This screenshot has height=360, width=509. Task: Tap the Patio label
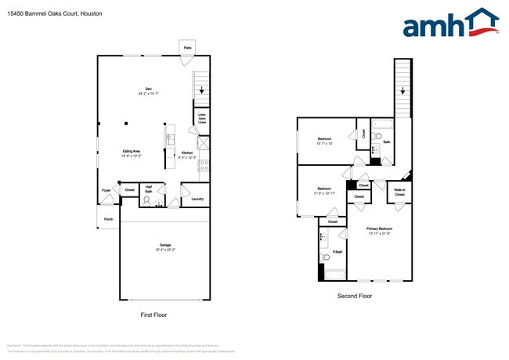point(188,48)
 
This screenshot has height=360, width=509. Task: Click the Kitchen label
point(187,153)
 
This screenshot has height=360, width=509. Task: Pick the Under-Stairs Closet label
point(201,119)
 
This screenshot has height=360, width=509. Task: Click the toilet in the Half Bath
point(146,200)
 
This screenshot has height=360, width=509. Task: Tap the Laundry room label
point(197,199)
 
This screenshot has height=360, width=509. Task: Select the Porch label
point(108,219)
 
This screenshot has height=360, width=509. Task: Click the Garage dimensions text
point(164,250)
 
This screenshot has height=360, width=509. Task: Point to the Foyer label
point(106,190)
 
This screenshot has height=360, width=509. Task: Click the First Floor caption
point(153,315)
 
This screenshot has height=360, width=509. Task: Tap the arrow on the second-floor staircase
point(403,91)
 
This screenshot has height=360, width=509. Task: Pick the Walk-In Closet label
point(399,192)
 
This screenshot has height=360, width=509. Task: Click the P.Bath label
point(337,252)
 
